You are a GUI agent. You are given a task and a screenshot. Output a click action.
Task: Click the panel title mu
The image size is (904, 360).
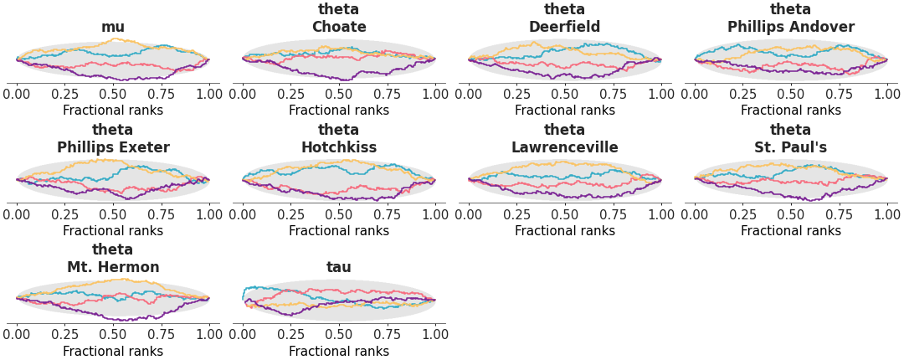pos(113,28)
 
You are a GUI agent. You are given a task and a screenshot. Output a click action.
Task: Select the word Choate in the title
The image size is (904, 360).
pos(339,28)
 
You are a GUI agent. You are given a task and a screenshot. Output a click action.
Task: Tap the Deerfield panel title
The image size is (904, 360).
pos(565,28)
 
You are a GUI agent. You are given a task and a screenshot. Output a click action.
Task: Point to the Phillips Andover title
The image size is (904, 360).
pos(791,28)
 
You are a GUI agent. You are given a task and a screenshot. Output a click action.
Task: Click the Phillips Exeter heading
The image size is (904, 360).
pos(113,148)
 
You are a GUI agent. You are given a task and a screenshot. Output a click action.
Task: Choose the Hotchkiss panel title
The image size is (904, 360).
pos(339,148)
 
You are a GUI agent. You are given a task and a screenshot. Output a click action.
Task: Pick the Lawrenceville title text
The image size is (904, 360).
pos(565,148)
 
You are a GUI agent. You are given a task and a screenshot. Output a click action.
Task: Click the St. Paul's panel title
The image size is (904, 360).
pos(791,148)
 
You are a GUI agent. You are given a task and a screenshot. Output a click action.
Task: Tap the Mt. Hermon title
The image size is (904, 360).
pos(113,268)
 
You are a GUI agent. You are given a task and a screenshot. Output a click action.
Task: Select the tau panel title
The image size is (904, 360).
pos(339,268)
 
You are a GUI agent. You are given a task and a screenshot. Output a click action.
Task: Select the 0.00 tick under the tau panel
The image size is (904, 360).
pos(243,334)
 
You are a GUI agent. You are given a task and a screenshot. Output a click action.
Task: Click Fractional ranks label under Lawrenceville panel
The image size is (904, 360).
pos(565,231)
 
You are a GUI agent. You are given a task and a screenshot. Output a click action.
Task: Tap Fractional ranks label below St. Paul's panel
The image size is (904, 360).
pos(791,231)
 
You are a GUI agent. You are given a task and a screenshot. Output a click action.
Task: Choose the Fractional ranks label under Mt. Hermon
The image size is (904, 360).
pos(113,352)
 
